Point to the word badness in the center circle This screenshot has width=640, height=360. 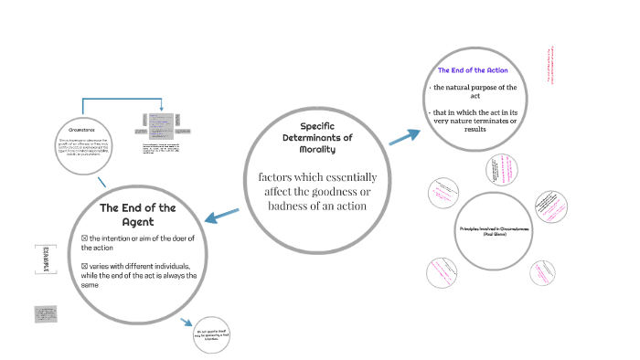292,206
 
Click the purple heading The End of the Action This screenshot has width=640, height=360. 473,70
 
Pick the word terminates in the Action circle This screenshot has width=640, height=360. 491,121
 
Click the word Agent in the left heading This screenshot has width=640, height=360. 137,221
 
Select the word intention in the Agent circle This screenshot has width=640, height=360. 110,238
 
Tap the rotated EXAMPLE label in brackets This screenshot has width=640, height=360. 40,261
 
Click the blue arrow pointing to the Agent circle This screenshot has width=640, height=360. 221,217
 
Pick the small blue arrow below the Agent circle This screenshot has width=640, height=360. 187,323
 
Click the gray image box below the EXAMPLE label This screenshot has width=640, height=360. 45,313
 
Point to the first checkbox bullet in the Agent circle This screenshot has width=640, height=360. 74,238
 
